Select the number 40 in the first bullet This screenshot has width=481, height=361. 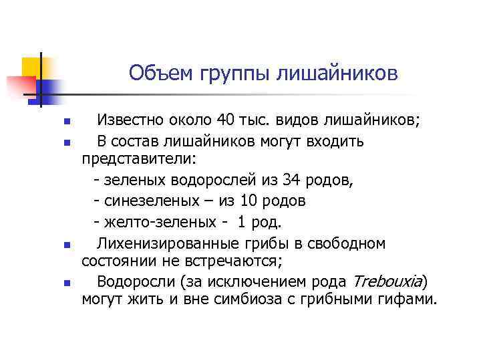coord(226,121)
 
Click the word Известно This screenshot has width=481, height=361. coord(130,121)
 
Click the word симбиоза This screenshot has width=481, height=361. coord(259,299)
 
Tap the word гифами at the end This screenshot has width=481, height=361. coord(406,299)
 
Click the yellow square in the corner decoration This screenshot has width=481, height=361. coord(31,66)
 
